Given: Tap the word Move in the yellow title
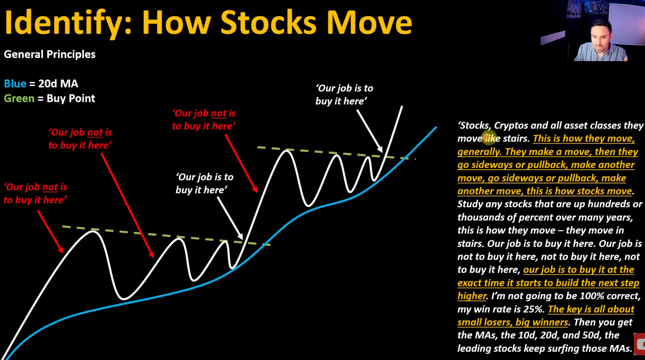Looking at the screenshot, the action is [369, 22].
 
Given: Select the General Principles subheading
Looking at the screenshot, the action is [50, 54].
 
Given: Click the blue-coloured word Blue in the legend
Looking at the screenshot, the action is [15, 84].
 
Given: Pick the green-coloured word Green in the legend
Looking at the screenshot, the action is [19, 98].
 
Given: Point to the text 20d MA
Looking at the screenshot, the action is [58, 84].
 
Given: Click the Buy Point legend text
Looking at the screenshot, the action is [71, 98].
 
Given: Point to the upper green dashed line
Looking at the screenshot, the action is [336, 153].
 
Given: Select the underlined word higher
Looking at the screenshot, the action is [472, 296].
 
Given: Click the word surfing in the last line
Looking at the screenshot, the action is [591, 349].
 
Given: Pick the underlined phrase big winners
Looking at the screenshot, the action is [542, 322].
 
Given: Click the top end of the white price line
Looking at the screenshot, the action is [402, 106].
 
